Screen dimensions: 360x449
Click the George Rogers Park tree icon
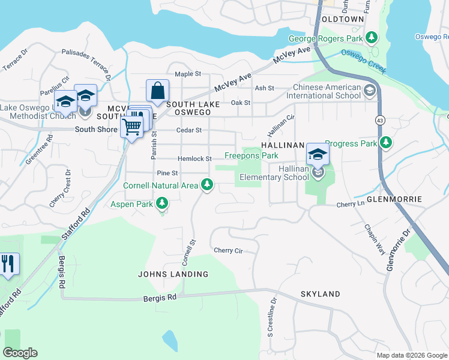[x=372, y=38]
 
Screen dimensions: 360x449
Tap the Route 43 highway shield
[x=381, y=121]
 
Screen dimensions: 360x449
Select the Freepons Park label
[x=251, y=155]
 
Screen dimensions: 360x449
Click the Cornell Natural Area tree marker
[x=207, y=185]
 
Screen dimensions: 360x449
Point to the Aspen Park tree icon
[x=161, y=205]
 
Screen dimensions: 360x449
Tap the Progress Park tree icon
[x=387, y=143]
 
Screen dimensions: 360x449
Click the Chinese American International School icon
[x=370, y=91]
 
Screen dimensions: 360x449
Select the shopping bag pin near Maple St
[x=157, y=91]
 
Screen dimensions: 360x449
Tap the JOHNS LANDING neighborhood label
[x=173, y=274]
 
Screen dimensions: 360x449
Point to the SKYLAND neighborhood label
[x=320, y=294]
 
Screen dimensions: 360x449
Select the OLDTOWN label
[x=342, y=19]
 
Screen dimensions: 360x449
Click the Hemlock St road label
[x=194, y=159]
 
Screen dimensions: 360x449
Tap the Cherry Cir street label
[x=228, y=250]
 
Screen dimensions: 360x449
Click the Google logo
[x=20, y=353]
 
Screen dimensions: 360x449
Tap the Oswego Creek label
[x=363, y=61]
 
